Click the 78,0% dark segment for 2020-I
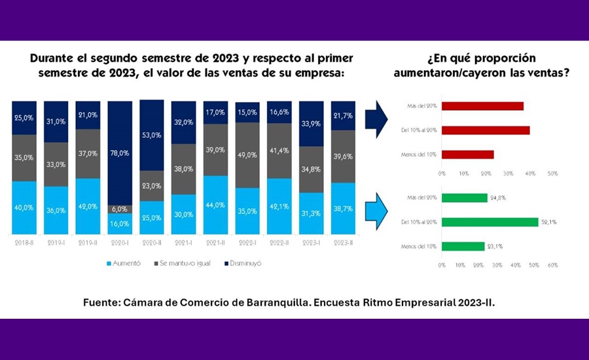[120, 153]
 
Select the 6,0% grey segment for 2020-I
[120, 209]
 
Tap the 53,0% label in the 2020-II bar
[152, 135]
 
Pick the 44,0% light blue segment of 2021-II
[216, 205]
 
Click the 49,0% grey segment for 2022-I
[247, 155]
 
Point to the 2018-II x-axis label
[24, 243]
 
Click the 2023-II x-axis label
[344, 243]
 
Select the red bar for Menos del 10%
[467, 155]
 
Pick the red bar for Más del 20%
[482, 106]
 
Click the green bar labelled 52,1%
[489, 222]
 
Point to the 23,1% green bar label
[495, 246]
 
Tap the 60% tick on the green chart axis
[552, 265]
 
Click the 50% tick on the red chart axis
[552, 173]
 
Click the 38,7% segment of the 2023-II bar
[344, 205]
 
